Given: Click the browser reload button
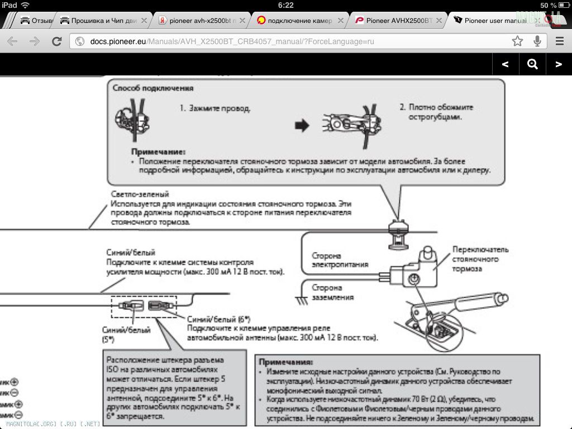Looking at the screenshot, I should [56, 41].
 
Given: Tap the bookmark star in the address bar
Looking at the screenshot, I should [518, 41].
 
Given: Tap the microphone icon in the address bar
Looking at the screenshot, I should [537, 41].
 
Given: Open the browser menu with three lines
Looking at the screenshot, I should [559, 41].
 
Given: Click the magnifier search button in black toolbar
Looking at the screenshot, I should [532, 64].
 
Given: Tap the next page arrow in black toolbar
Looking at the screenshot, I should [558, 64].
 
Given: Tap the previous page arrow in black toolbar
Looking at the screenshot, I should [506, 64].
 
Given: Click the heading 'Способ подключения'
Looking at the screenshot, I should [152, 88].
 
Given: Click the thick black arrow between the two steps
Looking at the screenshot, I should [302, 126].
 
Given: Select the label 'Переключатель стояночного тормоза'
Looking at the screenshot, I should [480, 259].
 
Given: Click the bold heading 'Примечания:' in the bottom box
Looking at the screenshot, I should [285, 362].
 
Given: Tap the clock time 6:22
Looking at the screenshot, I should [285, 5].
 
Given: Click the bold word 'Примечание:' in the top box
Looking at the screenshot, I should [158, 151].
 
